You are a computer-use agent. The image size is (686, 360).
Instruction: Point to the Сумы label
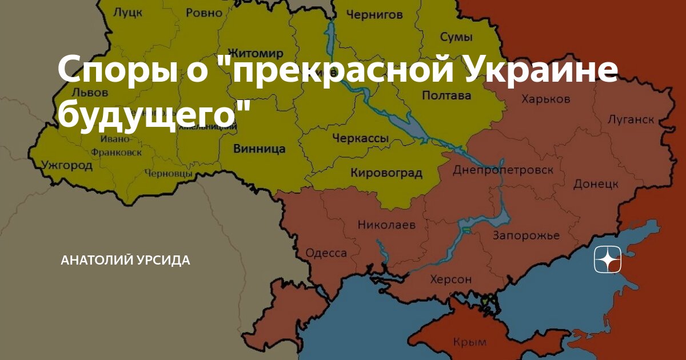coord(456,37)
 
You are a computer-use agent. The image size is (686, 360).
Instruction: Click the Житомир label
coord(255,54)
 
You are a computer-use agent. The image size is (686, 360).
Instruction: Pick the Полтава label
coord(446,95)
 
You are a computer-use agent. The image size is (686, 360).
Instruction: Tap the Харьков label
coord(545,99)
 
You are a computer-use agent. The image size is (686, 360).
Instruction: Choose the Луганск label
coord(631,119)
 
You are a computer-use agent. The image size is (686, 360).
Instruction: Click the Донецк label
coord(596,184)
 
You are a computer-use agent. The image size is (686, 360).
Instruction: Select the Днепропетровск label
coord(502,170)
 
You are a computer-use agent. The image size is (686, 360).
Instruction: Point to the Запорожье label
coord(526,236)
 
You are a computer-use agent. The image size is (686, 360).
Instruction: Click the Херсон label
coord(450,280)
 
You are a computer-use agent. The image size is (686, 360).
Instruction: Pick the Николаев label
coord(386,225)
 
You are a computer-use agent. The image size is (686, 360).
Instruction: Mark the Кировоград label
coord(386,173)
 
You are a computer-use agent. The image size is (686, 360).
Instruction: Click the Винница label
coord(260,149)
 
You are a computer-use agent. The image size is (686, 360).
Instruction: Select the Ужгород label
coord(67,166)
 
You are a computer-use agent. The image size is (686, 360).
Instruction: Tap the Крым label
coord(469,342)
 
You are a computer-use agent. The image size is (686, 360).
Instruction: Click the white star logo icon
coord(607,261)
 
